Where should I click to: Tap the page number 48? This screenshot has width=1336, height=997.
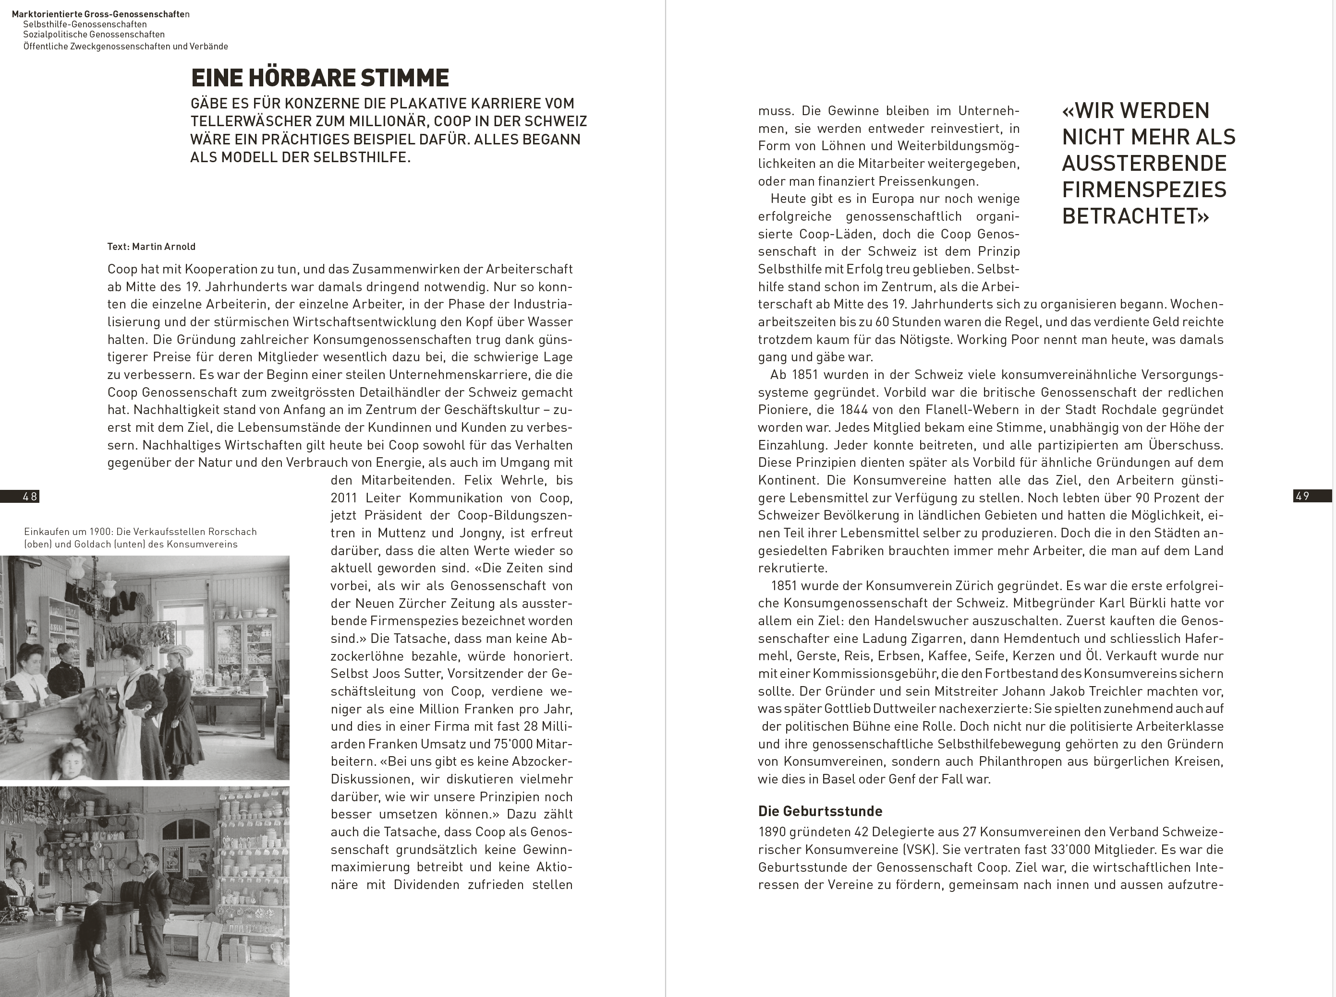[x=30, y=496]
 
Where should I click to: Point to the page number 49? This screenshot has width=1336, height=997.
[x=1303, y=496]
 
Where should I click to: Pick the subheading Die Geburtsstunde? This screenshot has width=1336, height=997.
[x=820, y=811]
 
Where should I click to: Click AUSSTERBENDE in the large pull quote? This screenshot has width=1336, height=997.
[x=1144, y=164]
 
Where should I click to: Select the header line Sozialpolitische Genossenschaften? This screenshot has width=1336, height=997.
[x=94, y=35]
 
